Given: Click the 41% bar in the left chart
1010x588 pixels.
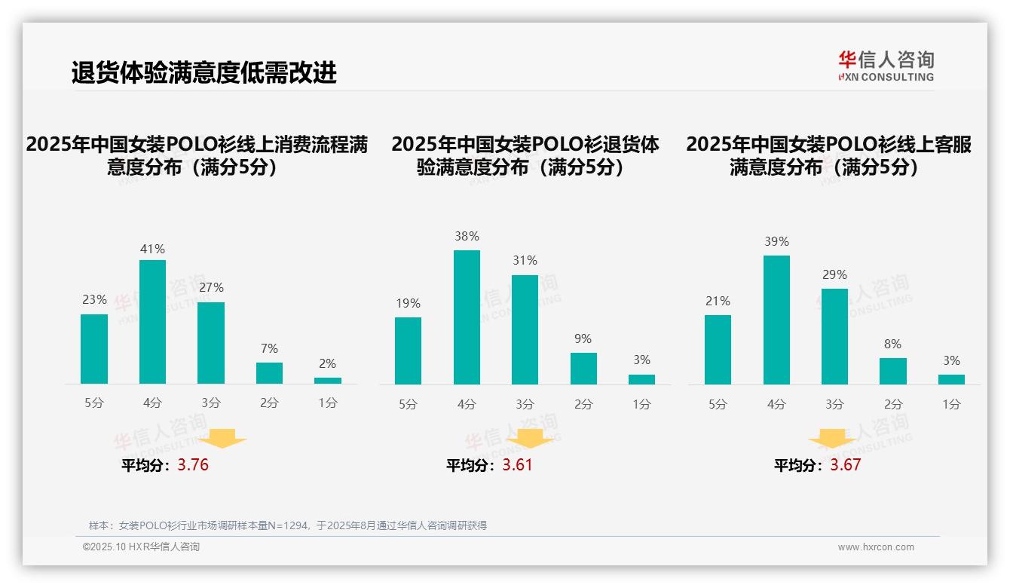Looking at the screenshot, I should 152,322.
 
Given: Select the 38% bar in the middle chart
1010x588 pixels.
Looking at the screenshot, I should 467,317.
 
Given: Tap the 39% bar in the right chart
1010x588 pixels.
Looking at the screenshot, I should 776,320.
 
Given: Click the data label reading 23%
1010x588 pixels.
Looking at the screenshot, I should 94,299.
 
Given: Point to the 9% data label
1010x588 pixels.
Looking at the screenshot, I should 583,338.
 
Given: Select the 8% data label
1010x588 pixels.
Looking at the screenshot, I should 892,344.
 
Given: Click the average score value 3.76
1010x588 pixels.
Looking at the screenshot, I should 193,464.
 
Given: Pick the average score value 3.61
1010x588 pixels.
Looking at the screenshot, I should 517,464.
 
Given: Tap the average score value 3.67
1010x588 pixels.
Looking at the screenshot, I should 845,464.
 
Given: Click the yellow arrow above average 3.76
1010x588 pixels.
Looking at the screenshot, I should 222,438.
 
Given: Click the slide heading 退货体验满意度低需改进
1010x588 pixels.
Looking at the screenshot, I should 204,72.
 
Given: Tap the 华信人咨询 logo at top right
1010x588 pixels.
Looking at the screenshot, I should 886,66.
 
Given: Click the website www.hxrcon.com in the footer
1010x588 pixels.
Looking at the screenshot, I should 876,547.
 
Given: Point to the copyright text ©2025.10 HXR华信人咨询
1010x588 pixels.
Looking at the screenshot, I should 141,547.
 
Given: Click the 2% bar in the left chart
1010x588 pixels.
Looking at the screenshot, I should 328,381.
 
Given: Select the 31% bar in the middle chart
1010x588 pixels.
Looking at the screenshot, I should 525,329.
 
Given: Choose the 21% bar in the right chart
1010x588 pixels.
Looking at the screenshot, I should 718,350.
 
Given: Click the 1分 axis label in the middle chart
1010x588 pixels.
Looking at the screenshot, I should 641,404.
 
